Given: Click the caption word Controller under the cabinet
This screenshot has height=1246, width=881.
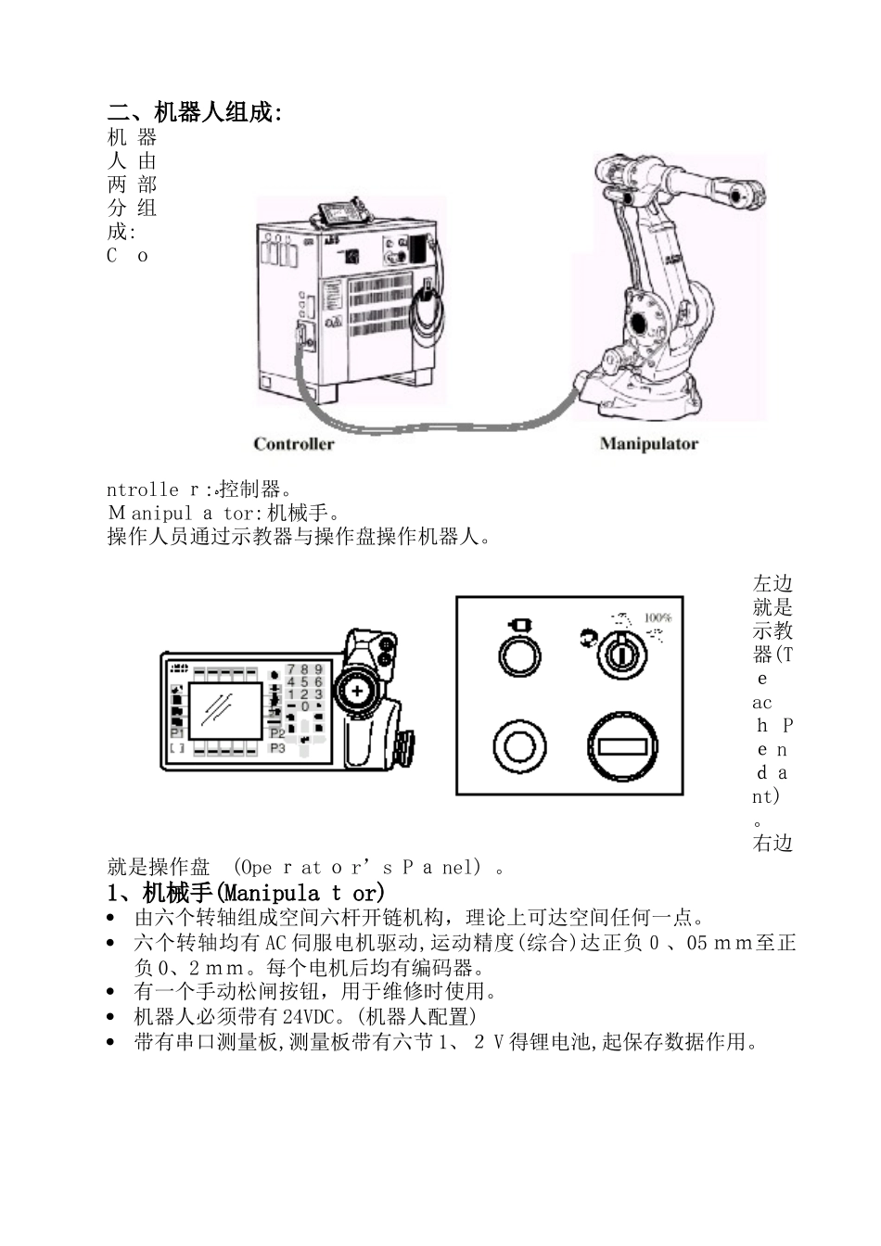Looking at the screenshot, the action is point(293,444).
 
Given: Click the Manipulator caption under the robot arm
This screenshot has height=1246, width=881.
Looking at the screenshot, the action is point(648,444).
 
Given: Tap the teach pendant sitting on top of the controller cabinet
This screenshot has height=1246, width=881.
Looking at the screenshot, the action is point(345,214).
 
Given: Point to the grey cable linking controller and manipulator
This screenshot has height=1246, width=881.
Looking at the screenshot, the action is point(436,425).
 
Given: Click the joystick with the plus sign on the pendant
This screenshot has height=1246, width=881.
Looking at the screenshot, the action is point(356,692).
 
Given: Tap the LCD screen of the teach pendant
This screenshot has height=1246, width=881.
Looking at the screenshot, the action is point(224,710).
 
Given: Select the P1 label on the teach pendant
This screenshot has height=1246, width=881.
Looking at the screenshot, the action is point(176,733).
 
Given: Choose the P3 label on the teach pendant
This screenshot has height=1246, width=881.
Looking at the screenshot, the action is point(277,747).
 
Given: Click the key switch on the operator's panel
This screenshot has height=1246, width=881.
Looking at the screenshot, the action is point(619,654).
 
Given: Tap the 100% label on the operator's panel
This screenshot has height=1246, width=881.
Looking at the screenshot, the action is point(658,617).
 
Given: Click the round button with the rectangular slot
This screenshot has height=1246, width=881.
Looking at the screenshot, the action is point(621,746).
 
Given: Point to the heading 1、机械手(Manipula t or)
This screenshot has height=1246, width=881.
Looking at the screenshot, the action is point(246,894).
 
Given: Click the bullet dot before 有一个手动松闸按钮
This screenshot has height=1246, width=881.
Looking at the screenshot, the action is point(112,993).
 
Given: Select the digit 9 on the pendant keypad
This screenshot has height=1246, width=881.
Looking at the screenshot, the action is point(319,668).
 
